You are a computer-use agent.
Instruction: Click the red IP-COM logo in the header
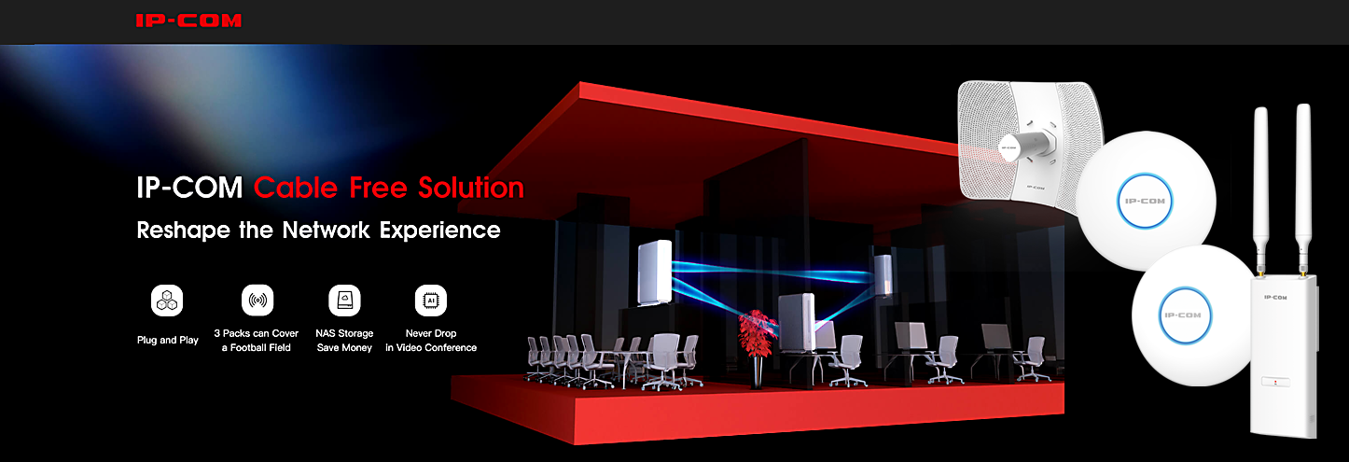coord(188,21)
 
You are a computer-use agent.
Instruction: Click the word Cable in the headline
coord(296,188)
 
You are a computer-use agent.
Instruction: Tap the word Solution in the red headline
coord(471,188)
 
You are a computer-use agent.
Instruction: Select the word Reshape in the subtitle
coord(184,231)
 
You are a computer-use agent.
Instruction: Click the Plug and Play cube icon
coord(167,300)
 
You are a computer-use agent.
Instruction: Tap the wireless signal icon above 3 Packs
coord(257,300)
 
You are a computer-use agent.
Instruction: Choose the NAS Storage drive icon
coord(344,300)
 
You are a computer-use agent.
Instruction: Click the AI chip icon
coord(431,300)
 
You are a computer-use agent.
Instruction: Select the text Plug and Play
coord(167,341)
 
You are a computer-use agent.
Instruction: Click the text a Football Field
coord(256,347)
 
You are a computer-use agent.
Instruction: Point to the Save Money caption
coord(344,347)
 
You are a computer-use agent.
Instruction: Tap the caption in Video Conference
coord(431,347)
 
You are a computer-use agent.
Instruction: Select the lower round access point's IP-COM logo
coord(1183,315)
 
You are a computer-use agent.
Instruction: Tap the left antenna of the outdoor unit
coord(1260,187)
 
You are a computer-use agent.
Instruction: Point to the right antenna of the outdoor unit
coord(1303,187)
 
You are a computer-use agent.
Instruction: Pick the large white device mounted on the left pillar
coord(655,272)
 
